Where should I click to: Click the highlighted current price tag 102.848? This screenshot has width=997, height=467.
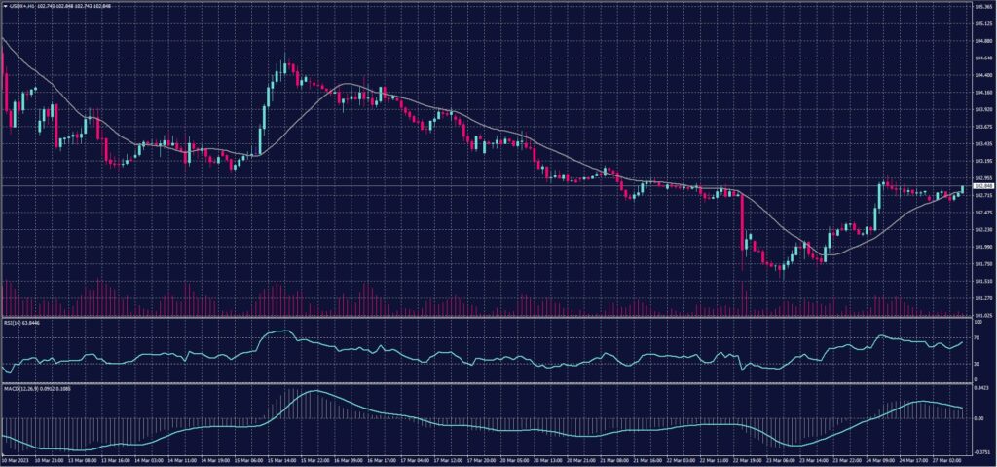click(x=982, y=185)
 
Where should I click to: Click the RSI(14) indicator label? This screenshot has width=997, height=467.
click(x=20, y=322)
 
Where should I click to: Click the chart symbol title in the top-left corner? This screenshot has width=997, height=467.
click(x=44, y=6)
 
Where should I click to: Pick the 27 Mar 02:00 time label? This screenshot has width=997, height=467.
click(x=947, y=460)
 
